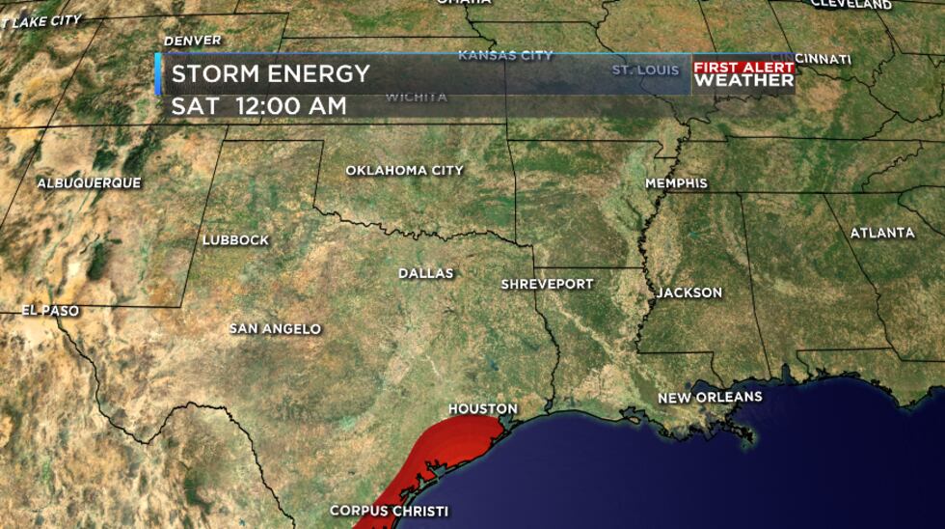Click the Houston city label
click(x=482, y=409)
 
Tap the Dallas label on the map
click(x=425, y=274)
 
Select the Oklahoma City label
click(x=404, y=171)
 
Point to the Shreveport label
click(x=547, y=285)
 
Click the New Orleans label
click(x=710, y=398)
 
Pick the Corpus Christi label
click(x=389, y=511)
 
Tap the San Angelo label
click(x=275, y=329)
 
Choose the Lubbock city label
click(x=235, y=240)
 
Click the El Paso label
click(x=51, y=311)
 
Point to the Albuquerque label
click(x=89, y=183)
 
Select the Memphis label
click(x=676, y=183)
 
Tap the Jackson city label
click(x=688, y=292)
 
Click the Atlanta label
click(x=882, y=233)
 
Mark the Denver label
click(x=193, y=41)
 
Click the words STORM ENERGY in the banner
click(x=271, y=74)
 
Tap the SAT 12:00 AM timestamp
click(x=258, y=106)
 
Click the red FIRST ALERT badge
click(x=743, y=68)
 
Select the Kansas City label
click(x=505, y=56)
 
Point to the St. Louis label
click(x=646, y=70)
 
